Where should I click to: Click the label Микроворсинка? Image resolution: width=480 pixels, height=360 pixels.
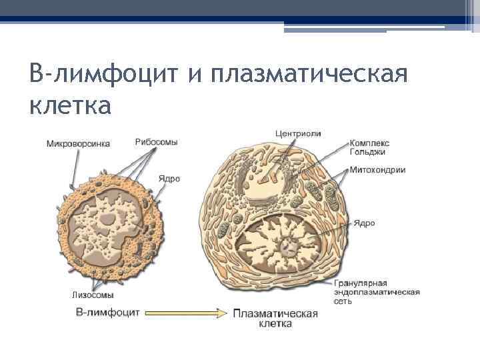coord(78,143)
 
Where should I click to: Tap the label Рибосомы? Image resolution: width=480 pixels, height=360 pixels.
coord(156,142)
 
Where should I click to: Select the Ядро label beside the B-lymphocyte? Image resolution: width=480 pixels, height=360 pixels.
coord(169,179)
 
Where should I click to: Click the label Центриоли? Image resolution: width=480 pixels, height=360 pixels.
coord(298,133)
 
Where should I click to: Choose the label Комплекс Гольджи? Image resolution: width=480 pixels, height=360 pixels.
coord(370,147)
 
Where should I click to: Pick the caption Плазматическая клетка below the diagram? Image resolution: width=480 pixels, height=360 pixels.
coord(275,318)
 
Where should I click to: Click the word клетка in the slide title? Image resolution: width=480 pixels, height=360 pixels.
coord(71,104)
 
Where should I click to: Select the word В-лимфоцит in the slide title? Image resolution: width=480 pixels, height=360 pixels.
coord(105,75)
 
